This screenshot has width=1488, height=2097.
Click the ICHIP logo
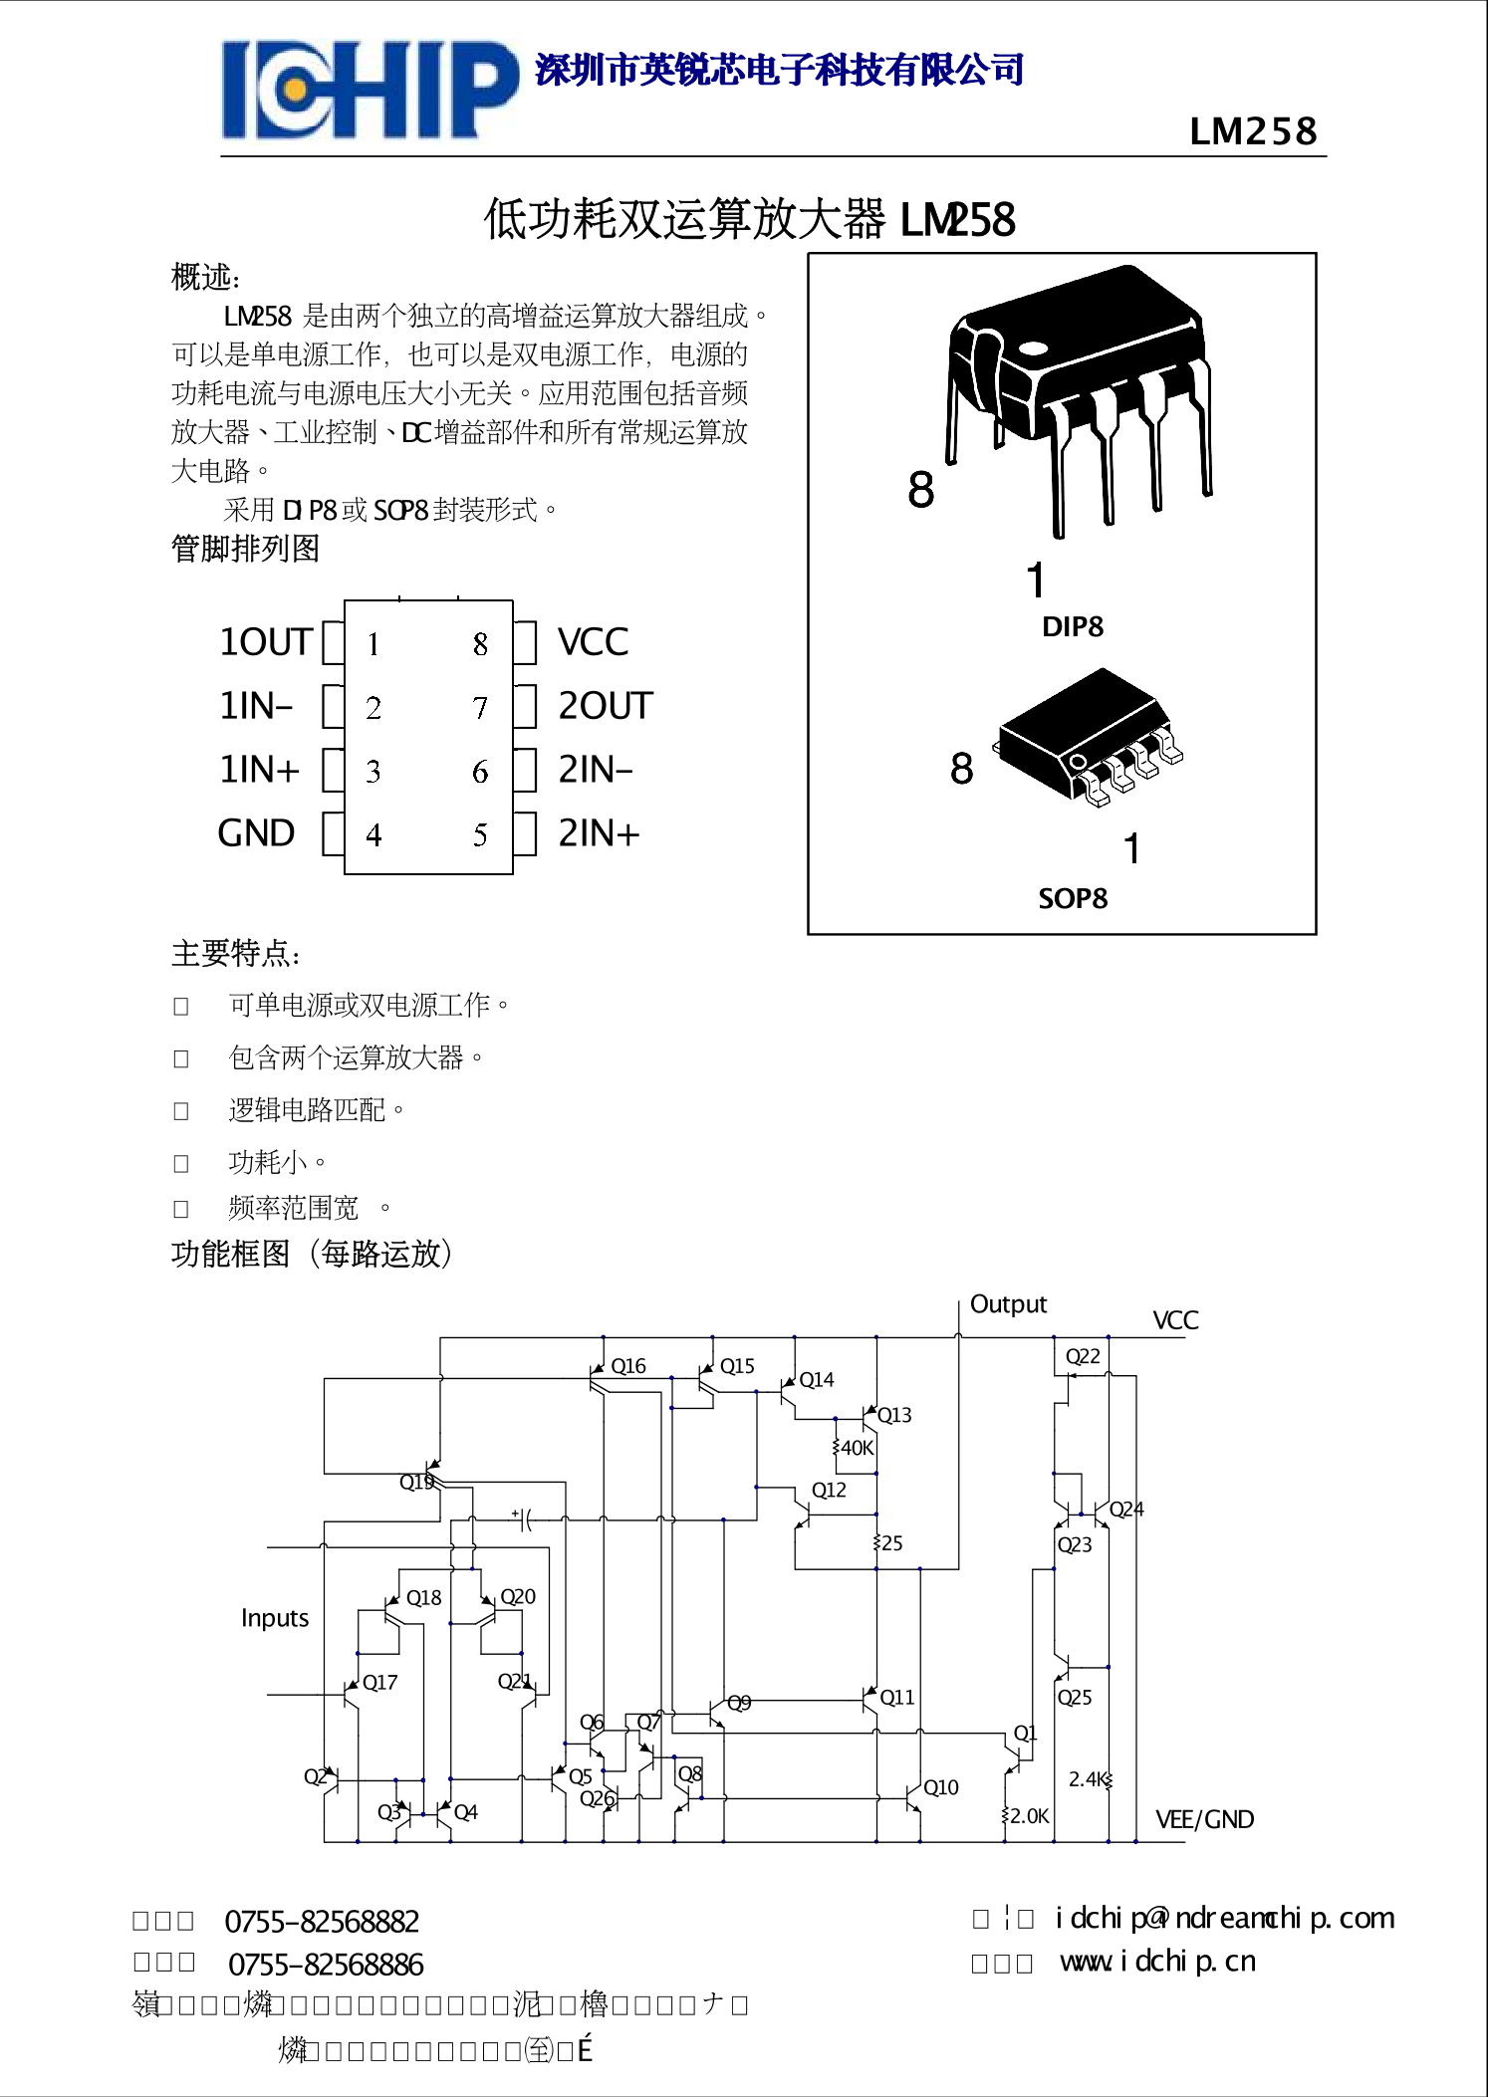[370, 90]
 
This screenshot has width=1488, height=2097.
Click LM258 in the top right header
[1253, 131]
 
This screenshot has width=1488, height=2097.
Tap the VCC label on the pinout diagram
[593, 642]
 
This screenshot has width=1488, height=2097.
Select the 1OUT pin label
[266, 642]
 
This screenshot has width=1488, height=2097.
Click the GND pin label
[256, 833]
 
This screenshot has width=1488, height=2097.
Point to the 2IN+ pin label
[598, 833]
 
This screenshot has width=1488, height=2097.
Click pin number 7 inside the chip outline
[480, 708]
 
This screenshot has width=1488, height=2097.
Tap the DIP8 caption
[1072, 627]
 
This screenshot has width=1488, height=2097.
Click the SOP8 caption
[1072, 899]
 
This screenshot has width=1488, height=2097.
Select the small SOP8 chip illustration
[1089, 737]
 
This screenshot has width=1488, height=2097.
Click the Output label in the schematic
[1008, 1304]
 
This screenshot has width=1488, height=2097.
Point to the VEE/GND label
[1204, 1820]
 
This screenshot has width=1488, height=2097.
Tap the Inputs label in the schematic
[275, 1618]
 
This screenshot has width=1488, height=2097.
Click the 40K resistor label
[857, 1448]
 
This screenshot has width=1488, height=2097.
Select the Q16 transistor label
[628, 1366]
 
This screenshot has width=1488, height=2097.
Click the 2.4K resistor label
[1087, 1778]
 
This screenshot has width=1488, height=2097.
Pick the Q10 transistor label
[941, 1787]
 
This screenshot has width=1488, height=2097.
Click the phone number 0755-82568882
[322, 1922]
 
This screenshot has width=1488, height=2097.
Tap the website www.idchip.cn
[1157, 1962]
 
